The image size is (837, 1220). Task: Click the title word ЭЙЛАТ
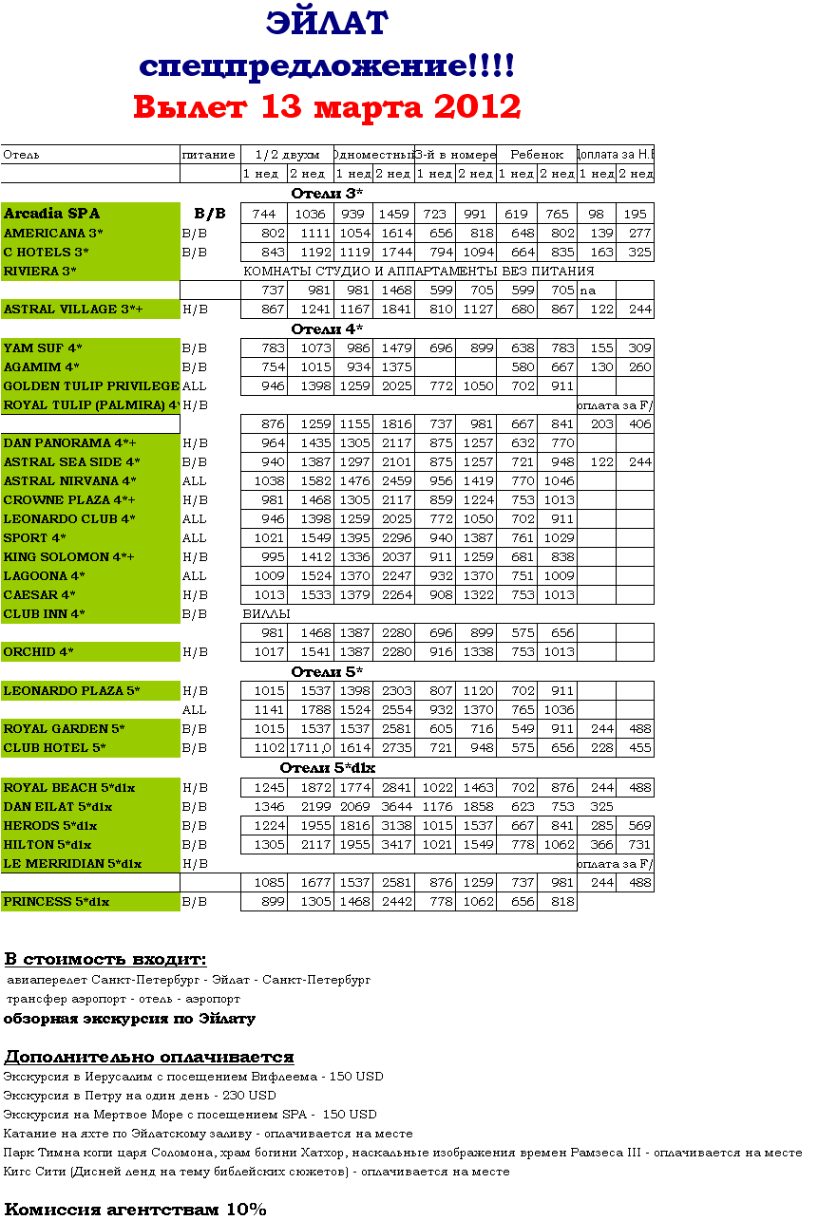click(x=327, y=23)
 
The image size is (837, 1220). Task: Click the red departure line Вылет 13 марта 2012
click(x=327, y=106)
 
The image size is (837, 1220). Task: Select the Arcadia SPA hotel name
click(x=51, y=214)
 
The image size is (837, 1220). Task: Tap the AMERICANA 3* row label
click(x=53, y=234)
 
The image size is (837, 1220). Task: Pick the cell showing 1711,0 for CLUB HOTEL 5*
click(x=312, y=748)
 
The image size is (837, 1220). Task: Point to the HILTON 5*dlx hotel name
click(x=48, y=845)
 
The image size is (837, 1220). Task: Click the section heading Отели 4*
click(x=327, y=329)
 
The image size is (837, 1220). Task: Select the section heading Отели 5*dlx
click(x=327, y=768)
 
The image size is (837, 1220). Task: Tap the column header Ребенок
click(x=537, y=155)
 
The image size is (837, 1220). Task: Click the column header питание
click(x=208, y=155)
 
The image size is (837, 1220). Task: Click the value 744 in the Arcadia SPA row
click(x=264, y=215)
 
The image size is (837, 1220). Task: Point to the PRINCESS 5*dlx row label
click(x=56, y=902)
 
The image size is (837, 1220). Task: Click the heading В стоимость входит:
click(x=105, y=960)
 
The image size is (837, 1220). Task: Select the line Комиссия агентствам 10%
click(x=135, y=1210)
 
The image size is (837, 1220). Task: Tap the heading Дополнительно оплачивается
click(x=148, y=1058)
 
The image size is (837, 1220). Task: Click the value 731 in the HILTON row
click(x=639, y=845)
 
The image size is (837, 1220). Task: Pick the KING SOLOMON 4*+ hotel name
click(x=61, y=557)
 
